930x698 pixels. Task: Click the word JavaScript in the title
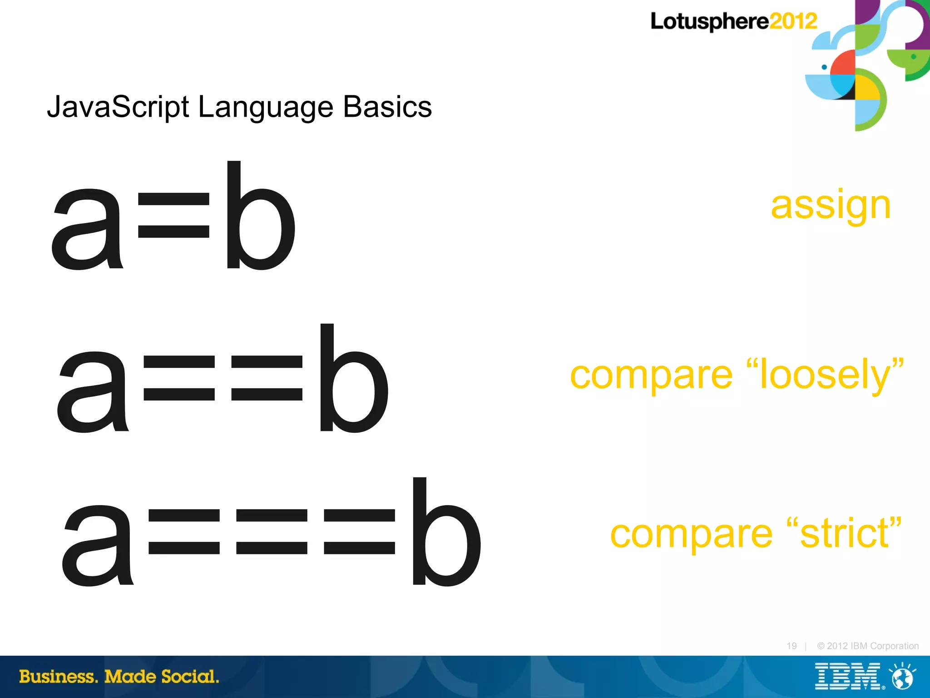pos(118,108)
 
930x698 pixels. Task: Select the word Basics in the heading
pos(387,107)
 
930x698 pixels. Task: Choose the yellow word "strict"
pos(844,533)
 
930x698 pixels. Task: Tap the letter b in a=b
pos(260,215)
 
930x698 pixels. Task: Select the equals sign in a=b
pos(173,216)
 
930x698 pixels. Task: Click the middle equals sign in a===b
pos(272,531)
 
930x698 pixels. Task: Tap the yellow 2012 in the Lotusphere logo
pos(793,21)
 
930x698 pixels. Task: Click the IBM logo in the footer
pos(847,677)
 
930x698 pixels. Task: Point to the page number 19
pos(791,646)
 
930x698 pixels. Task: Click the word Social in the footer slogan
pos(190,677)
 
